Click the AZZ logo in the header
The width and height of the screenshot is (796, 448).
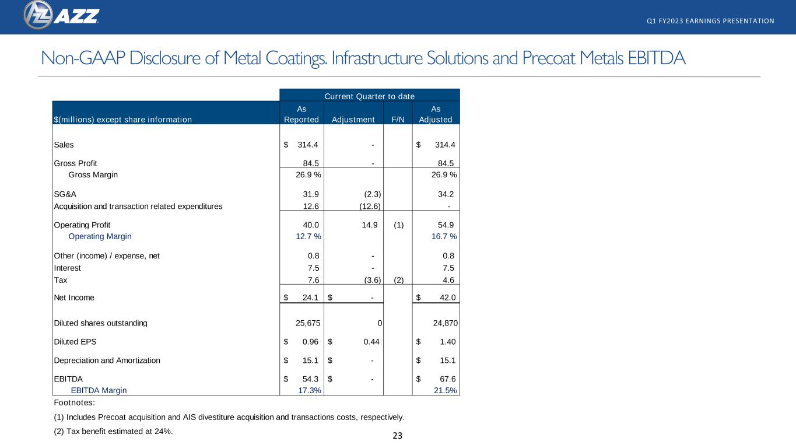pyautogui.click(x=61, y=15)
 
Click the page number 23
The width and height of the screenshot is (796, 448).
pyautogui.click(x=397, y=436)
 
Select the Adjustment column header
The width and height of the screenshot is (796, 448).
pyautogui.click(x=353, y=120)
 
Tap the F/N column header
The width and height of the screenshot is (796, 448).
pyautogui.click(x=398, y=120)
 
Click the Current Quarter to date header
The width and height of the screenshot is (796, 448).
pyautogui.click(x=370, y=96)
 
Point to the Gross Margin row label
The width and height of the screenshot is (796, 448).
pyautogui.click(x=93, y=174)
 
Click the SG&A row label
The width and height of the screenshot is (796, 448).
pyautogui.click(x=65, y=194)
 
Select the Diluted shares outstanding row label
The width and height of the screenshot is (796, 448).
pyautogui.click(x=100, y=323)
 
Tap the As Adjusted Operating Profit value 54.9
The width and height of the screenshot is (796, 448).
pyautogui.click(x=446, y=225)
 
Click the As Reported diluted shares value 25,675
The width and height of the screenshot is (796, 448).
pyautogui.click(x=308, y=323)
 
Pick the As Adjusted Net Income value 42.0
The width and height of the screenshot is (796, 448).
pyautogui.click(x=447, y=297)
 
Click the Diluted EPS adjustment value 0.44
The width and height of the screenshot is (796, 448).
pyautogui.click(x=371, y=342)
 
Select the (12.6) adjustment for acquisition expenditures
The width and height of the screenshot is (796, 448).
pyautogui.click(x=370, y=206)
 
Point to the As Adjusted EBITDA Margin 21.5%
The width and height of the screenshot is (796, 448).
pyautogui.click(x=446, y=390)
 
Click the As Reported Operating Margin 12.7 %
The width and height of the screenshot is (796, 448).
pyautogui.click(x=308, y=236)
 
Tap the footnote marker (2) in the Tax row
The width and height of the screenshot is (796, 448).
pyautogui.click(x=399, y=280)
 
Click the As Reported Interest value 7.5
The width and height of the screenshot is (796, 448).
pyautogui.click(x=313, y=268)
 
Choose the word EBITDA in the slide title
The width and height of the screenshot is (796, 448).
pyautogui.click(x=657, y=58)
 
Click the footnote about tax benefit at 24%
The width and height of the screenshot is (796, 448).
pyautogui.click(x=113, y=431)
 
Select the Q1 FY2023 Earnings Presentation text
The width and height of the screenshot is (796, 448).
pyautogui.click(x=710, y=21)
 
